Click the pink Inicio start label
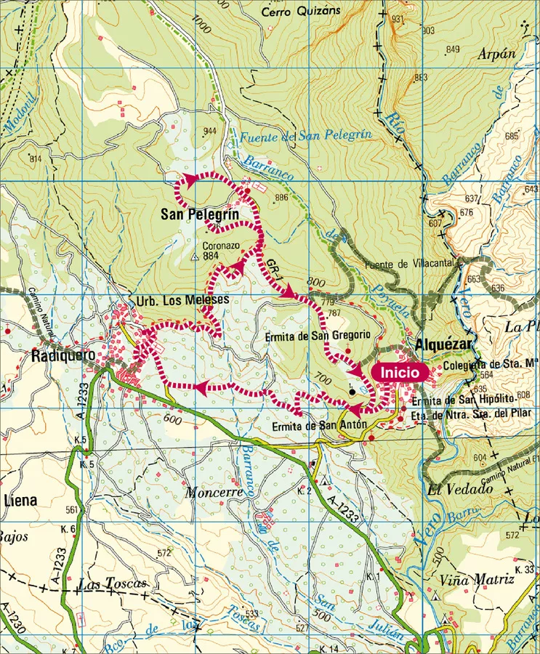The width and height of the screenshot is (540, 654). point(398,372)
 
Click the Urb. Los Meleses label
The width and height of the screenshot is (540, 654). point(182,299)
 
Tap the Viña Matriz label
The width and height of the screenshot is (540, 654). point(477,580)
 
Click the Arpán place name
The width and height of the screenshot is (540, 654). point(497,54)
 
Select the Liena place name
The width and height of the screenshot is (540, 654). point(20,501)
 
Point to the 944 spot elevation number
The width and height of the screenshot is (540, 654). point(211,132)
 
